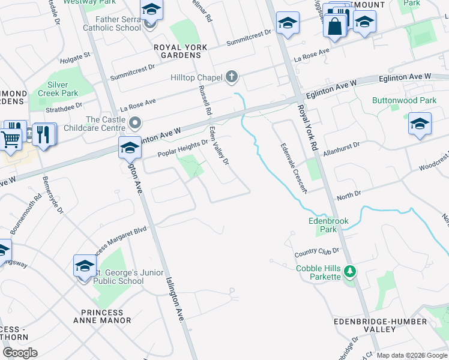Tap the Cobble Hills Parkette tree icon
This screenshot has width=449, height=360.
point(349,272)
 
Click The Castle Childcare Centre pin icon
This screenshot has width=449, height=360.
point(136,124)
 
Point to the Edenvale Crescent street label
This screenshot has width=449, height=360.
point(294,167)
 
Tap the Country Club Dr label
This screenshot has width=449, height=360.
point(317,251)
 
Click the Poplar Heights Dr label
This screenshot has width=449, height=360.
point(182,148)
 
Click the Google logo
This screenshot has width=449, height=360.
point(19,353)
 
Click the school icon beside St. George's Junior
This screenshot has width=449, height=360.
point(85,266)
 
